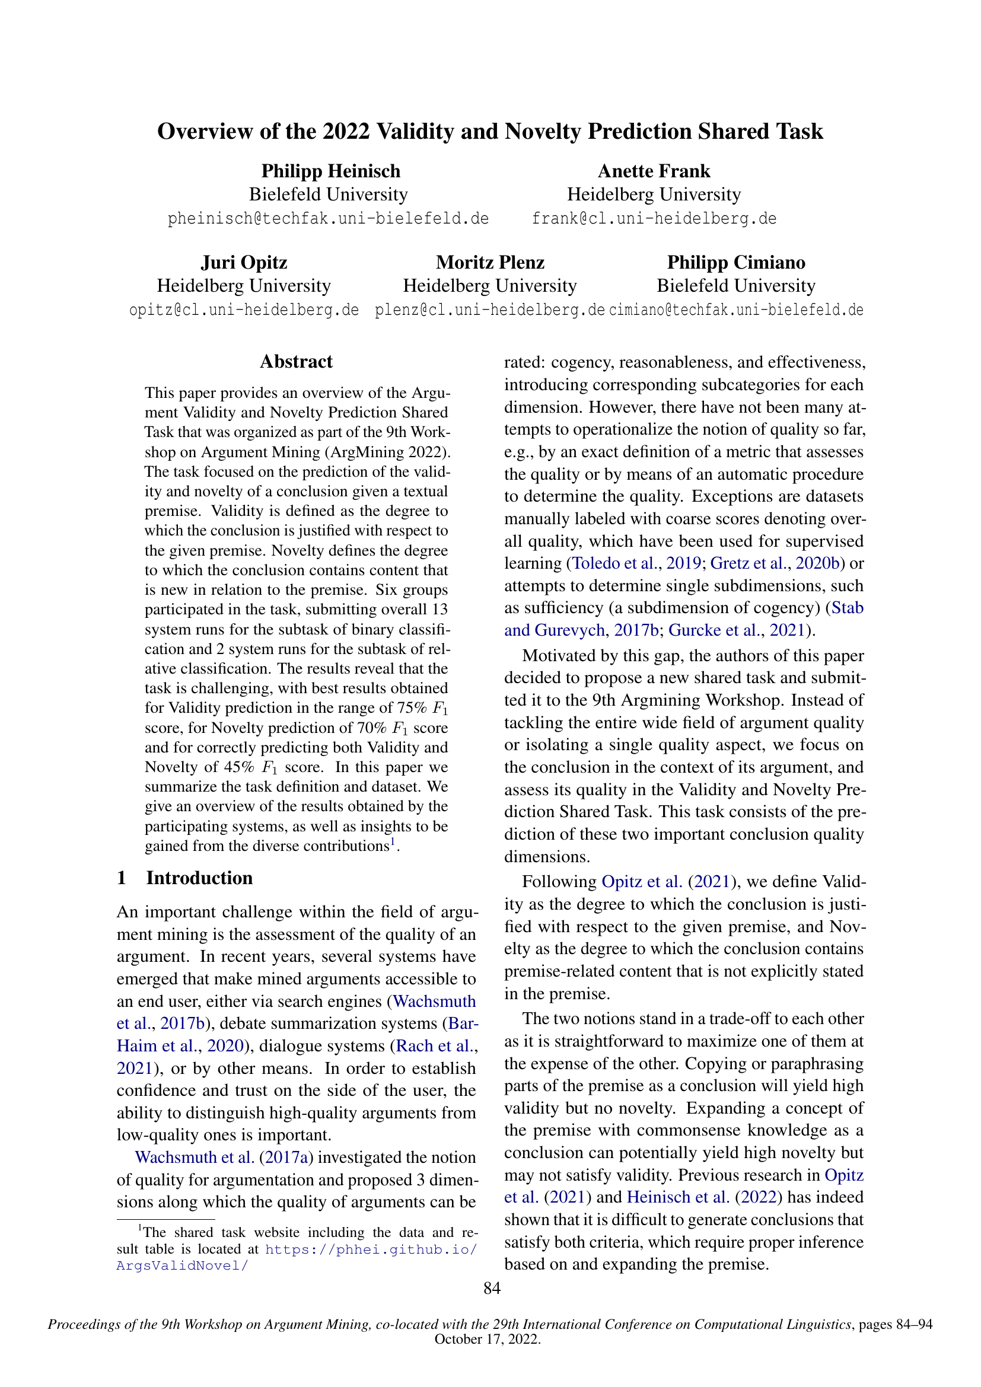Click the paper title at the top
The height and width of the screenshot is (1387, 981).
tap(490, 132)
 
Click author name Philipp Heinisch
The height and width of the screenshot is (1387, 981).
tap(330, 171)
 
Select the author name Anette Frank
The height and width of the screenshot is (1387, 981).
tap(654, 171)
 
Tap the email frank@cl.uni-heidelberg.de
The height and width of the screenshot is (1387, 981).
tap(654, 219)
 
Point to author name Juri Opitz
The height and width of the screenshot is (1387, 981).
tap(244, 263)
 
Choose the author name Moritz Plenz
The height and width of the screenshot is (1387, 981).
tap(490, 263)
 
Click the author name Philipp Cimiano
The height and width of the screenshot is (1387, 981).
tap(735, 263)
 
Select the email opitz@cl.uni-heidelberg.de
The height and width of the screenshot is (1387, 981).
tap(244, 311)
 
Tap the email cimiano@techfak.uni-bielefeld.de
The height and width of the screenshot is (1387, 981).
tap(735, 311)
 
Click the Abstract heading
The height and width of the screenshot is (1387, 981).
tap(296, 362)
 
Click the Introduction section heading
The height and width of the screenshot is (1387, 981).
tap(199, 878)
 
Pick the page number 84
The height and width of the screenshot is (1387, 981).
tap(492, 1289)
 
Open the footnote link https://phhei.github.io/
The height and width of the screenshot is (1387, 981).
tap(371, 1249)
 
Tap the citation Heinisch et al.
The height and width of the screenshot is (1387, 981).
tap(678, 1197)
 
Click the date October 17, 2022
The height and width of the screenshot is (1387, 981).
tap(487, 1339)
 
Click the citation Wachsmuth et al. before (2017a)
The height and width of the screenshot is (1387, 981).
tap(194, 1158)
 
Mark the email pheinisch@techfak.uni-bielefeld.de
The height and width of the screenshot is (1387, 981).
tap(328, 219)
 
